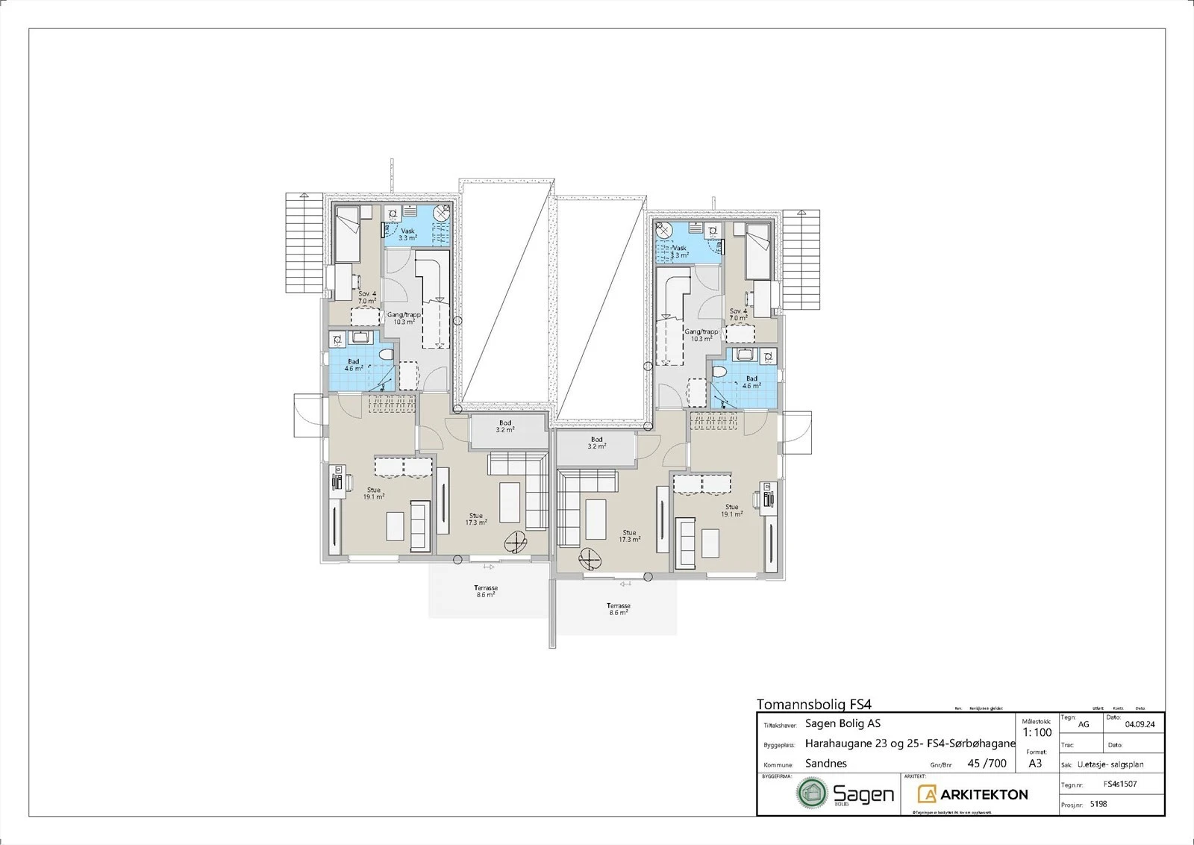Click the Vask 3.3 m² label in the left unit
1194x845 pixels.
pyautogui.click(x=407, y=234)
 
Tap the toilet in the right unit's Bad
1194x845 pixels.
pyautogui.click(x=719, y=371)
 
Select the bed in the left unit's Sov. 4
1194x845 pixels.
pyautogui.click(x=347, y=234)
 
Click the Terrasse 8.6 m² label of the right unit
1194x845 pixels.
pyautogui.click(x=618, y=609)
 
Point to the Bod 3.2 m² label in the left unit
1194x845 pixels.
pyautogui.click(x=505, y=426)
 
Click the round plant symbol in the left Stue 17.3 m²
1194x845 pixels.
pyautogui.click(x=515, y=540)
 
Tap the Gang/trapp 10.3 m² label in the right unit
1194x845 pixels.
pyautogui.click(x=701, y=335)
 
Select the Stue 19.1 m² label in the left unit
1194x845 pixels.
pyautogui.click(x=374, y=493)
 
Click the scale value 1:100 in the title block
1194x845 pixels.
pyautogui.click(x=1037, y=732)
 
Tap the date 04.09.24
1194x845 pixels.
pyautogui.click(x=1140, y=724)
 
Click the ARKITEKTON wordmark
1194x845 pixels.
pyautogui.click(x=984, y=794)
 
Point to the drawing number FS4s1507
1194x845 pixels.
pyautogui.click(x=1120, y=784)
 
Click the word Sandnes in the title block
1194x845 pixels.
pyautogui.click(x=825, y=763)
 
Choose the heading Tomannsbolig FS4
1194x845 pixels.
pyautogui.click(x=813, y=704)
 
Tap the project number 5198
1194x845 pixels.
pyautogui.click(x=1098, y=804)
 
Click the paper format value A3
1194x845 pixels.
pyautogui.click(x=1035, y=763)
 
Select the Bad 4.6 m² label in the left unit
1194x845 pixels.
pyautogui.click(x=354, y=365)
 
